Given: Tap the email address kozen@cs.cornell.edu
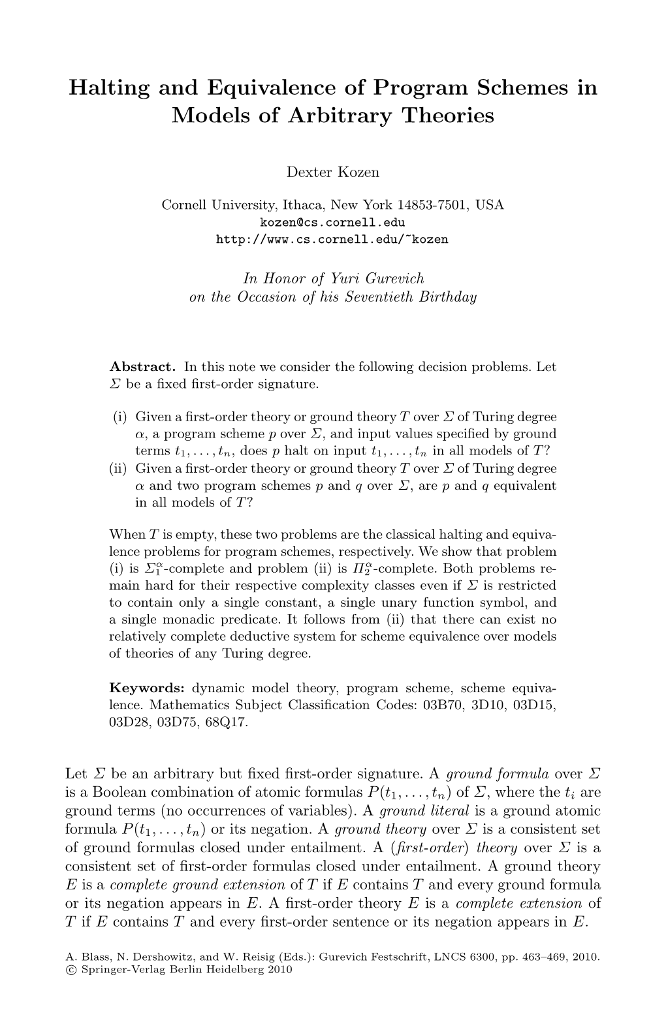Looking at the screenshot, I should tap(332, 223).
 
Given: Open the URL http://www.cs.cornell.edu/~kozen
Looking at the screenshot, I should tap(332, 239).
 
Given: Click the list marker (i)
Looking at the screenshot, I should tap(122, 417).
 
